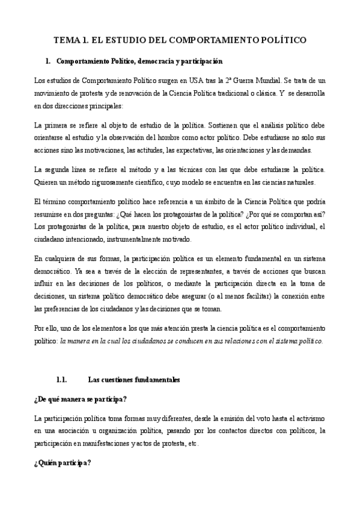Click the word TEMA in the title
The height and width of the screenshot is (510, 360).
66,40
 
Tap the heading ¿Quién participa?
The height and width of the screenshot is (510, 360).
63,463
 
